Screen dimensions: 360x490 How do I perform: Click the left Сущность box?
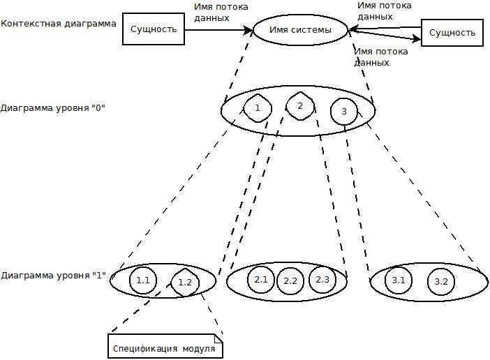[x=154, y=29]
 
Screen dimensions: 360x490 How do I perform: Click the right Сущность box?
[x=452, y=33]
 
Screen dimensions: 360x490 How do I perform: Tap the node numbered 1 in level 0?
[x=257, y=107]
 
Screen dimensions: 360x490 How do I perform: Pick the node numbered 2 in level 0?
[x=299, y=105]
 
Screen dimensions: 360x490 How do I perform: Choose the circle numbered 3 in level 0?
[x=343, y=112]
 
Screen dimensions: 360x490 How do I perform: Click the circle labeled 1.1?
[x=144, y=280]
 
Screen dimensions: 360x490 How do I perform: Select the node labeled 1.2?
[x=185, y=283]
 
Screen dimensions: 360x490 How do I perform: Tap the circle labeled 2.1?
[x=261, y=280]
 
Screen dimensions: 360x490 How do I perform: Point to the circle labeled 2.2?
[x=291, y=281]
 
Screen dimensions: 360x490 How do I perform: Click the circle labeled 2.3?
[x=322, y=280]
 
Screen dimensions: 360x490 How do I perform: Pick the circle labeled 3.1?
[x=399, y=280]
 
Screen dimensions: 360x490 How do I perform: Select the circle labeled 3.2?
[x=440, y=282]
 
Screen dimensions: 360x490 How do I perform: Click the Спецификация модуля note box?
[x=165, y=346]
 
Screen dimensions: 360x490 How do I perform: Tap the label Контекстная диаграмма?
[x=59, y=23]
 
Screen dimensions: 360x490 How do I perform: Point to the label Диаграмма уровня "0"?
[x=53, y=109]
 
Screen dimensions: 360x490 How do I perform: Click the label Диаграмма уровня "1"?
[x=53, y=276]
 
